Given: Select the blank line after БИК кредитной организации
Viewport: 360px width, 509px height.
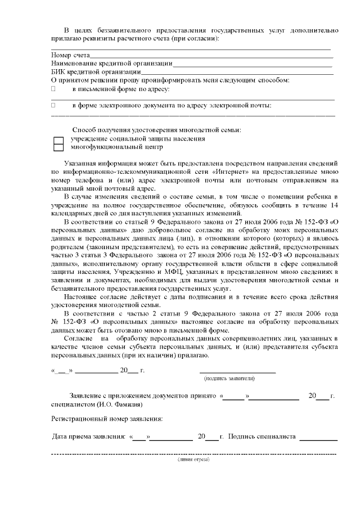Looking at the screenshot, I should (x=236, y=73).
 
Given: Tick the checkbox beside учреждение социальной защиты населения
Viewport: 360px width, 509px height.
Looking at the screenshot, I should (x=58, y=138).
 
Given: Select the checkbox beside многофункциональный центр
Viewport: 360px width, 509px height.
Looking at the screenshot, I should (x=58, y=147).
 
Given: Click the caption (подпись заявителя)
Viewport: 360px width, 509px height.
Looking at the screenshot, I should (x=237, y=379).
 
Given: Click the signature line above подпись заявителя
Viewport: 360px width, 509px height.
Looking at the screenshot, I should (x=237, y=372).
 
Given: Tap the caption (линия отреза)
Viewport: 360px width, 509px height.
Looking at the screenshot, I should (x=193, y=460).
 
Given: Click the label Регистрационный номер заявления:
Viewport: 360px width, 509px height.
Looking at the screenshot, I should (x=107, y=419).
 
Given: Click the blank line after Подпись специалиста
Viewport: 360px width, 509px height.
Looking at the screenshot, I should (x=318, y=439).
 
